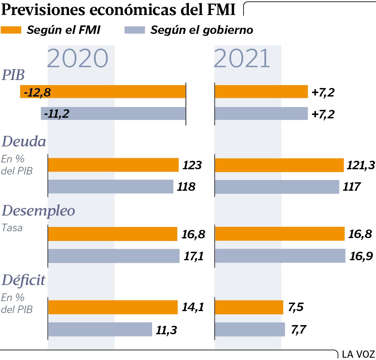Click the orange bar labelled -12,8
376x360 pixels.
[103, 92]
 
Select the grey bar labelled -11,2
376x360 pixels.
[113, 113]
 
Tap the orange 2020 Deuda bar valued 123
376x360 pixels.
[113, 165]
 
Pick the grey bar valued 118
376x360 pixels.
[111, 186]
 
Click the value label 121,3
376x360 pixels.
[361, 165]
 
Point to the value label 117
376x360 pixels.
[352, 187]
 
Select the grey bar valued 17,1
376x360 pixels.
[114, 256]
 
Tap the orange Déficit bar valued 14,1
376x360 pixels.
[113, 307]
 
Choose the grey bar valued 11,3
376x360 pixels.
[100, 329]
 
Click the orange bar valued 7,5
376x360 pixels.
[249, 307]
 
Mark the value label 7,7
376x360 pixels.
[299, 330]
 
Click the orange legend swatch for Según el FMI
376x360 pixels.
[11, 30]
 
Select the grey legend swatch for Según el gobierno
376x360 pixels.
[135, 30]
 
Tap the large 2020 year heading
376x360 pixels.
[77, 58]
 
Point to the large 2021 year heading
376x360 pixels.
[242, 58]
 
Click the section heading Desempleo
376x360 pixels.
[39, 211]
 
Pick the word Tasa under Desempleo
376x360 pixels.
[12, 228]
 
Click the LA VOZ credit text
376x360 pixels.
[358, 354]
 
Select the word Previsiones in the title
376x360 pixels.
[43, 10]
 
